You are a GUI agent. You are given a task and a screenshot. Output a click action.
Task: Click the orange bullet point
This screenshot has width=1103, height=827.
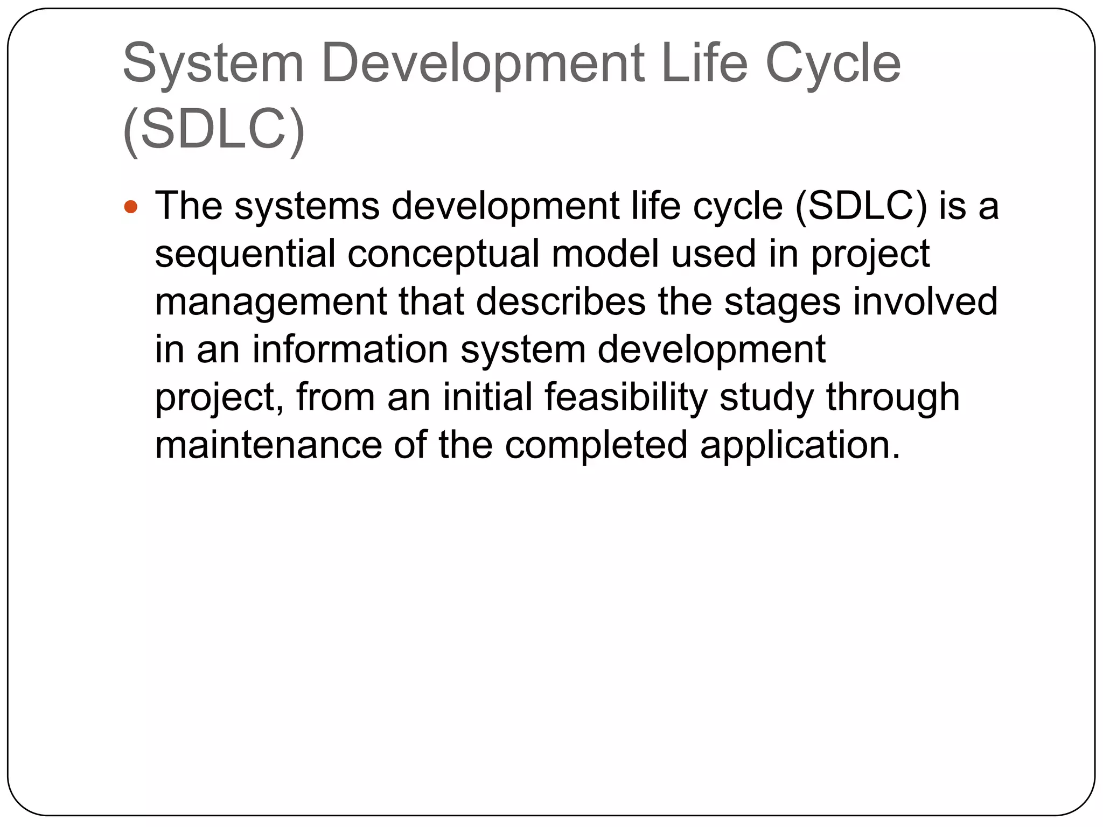[131, 207]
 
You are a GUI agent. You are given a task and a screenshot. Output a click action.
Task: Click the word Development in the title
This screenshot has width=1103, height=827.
[483, 65]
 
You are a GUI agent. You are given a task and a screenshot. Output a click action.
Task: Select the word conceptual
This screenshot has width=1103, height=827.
[443, 254]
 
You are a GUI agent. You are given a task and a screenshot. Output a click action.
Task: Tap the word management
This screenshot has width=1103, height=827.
[270, 302]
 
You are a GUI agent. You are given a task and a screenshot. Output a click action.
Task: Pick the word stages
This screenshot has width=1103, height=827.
[782, 302]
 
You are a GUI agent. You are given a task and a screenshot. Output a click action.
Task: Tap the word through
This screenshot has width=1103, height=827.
[893, 397]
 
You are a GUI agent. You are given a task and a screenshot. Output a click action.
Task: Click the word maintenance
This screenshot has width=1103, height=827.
[268, 445]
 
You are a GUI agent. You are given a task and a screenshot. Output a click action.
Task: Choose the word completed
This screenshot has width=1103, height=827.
[596, 445]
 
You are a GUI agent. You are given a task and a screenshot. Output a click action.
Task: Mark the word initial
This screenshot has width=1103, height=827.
[487, 397]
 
